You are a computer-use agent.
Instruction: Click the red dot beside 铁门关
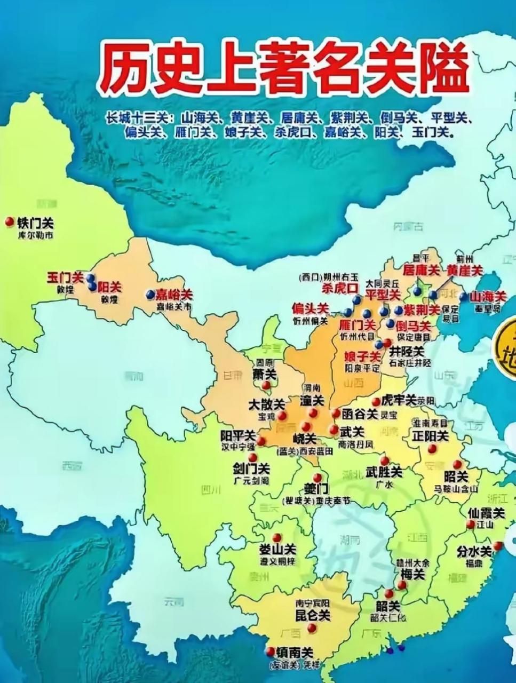[x=9, y=222]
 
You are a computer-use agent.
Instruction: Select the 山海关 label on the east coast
[x=487, y=297]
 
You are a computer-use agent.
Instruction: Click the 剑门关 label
[x=251, y=469]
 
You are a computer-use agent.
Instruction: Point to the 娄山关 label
[x=277, y=550]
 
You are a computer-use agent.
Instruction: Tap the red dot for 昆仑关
[x=312, y=629]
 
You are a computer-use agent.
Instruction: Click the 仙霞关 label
[x=486, y=513]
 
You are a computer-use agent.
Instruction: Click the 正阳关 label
[x=430, y=435]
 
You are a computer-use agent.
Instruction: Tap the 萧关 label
[x=265, y=375]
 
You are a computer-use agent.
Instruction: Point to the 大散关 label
[x=267, y=404]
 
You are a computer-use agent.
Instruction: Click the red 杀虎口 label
[x=340, y=289]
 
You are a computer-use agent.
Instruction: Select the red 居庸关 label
[x=421, y=271]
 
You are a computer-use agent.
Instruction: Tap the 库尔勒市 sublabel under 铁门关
[x=36, y=235]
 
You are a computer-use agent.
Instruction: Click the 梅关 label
[x=412, y=574]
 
